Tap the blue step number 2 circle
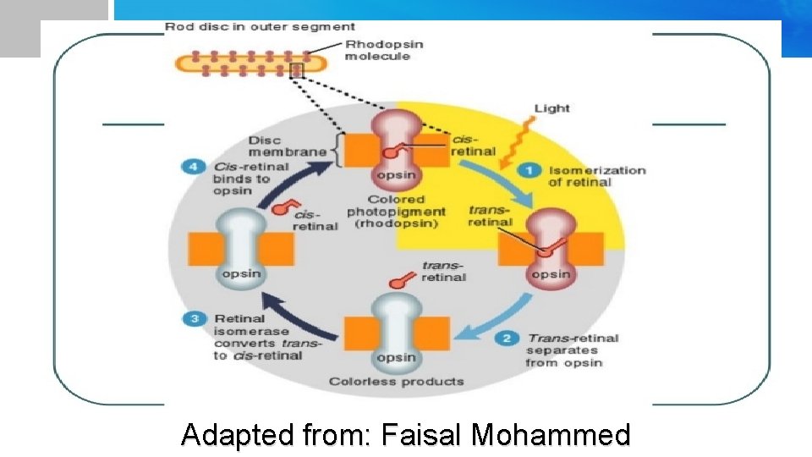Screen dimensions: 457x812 [x=506, y=339]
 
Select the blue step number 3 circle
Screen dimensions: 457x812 [x=194, y=319]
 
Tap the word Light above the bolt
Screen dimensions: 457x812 [x=551, y=108]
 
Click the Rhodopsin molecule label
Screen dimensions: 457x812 [x=383, y=50]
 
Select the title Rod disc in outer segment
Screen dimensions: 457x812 [x=260, y=27]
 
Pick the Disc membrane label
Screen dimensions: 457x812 [x=288, y=146]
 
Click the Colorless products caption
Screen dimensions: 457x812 [x=396, y=381]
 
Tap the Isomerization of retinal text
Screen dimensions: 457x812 [x=596, y=176]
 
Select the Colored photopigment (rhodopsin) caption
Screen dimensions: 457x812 [x=396, y=212]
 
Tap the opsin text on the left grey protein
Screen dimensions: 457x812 [x=241, y=273]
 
